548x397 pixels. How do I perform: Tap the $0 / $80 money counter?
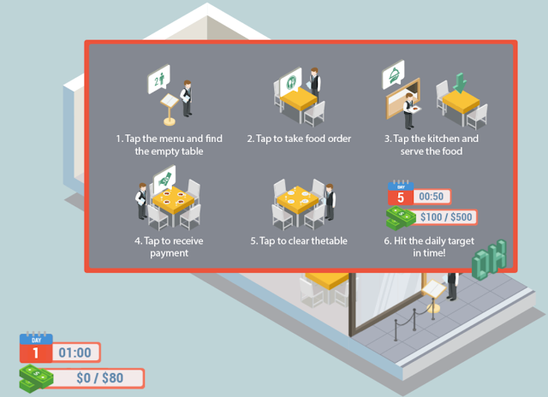(x=98, y=377)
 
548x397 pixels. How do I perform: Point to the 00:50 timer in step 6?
(x=432, y=197)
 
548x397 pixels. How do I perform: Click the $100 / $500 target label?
(x=447, y=217)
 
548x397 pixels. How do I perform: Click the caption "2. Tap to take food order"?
(x=299, y=139)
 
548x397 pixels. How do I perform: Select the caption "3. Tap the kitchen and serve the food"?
(x=431, y=145)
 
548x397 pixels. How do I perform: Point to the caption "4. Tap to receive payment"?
(x=162, y=246)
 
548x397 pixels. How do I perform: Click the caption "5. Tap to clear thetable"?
(x=299, y=240)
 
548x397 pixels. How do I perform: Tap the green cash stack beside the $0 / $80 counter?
(x=36, y=377)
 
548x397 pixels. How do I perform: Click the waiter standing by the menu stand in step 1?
(x=186, y=97)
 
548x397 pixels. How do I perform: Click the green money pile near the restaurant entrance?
(x=489, y=259)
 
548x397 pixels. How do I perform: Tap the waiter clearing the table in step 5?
(x=330, y=199)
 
